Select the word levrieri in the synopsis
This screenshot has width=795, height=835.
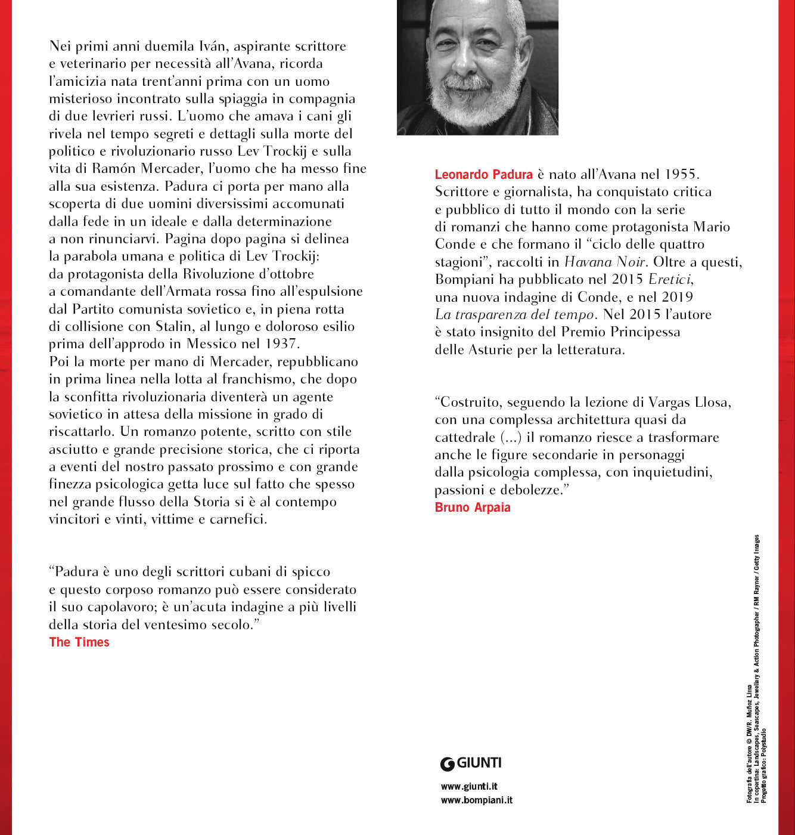click(105, 116)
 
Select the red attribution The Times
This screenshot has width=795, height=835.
click(79, 642)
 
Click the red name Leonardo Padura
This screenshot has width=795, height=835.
click(483, 175)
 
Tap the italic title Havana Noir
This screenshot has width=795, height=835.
click(604, 262)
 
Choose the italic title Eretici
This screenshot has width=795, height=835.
click(670, 279)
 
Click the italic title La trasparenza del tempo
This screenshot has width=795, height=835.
click(514, 314)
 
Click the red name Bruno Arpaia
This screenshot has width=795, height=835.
click(473, 508)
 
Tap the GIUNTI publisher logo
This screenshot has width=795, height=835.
click(471, 763)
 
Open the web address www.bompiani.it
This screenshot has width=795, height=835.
click(476, 800)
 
